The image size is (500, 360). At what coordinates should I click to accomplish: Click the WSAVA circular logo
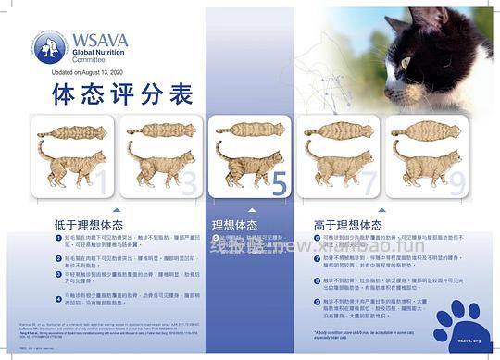[49, 46]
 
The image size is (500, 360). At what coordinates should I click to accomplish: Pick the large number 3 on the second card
[189, 183]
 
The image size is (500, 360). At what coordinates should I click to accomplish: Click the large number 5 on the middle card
[278, 182]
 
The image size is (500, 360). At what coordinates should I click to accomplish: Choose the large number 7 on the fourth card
[369, 183]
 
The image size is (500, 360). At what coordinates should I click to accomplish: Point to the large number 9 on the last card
[455, 183]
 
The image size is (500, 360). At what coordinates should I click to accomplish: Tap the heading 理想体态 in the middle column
[235, 224]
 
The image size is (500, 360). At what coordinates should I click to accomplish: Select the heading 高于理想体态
[348, 224]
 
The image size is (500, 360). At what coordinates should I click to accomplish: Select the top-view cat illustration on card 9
[423, 130]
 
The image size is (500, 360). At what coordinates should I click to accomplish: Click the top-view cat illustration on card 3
[159, 130]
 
